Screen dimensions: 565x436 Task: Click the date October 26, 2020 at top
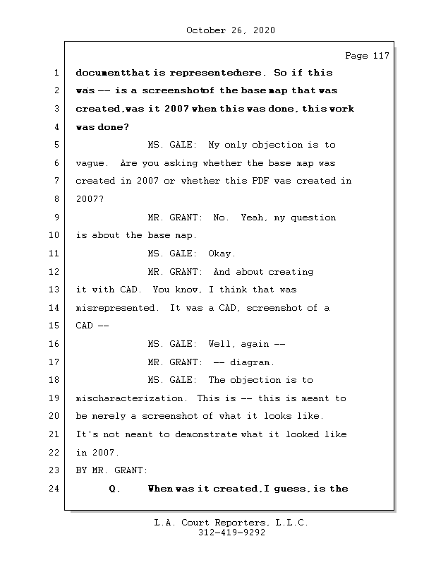[231, 30]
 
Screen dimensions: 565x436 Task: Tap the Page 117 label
[367, 56]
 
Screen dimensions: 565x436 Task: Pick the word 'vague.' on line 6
[93, 163]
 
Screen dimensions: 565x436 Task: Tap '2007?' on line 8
[90, 199]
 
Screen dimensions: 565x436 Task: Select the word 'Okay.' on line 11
[222, 254]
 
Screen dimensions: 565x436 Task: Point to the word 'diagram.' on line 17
[252, 362]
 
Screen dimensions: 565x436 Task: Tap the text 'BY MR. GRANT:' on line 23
[111, 470]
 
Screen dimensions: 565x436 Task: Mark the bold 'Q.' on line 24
[114, 489]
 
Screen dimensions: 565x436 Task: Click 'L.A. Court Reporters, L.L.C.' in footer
[231, 523]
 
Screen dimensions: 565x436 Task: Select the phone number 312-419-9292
[231, 533]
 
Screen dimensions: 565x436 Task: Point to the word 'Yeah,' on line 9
[255, 218]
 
